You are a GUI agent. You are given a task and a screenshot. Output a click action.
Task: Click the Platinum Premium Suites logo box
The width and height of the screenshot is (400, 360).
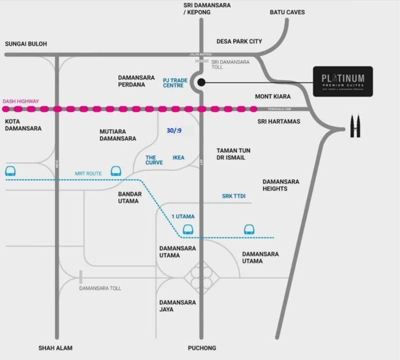[343, 81]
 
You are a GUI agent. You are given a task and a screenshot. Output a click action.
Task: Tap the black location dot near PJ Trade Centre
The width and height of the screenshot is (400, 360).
[202, 82]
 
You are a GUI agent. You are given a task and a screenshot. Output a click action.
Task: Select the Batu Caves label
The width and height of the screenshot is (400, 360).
[287, 12]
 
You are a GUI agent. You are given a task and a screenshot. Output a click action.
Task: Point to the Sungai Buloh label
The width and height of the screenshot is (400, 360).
[26, 44]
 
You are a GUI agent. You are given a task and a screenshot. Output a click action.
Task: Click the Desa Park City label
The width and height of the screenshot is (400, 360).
[239, 41]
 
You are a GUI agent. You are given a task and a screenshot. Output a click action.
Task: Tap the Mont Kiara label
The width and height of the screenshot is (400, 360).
[272, 96]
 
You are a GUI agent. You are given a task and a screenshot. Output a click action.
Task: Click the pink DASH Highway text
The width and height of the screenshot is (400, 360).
[20, 101]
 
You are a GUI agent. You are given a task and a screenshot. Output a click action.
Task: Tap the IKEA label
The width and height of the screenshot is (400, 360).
[178, 157]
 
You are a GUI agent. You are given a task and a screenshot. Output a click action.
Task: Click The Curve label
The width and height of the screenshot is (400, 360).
[154, 159]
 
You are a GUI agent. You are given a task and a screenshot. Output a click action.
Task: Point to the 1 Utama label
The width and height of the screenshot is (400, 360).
[183, 215]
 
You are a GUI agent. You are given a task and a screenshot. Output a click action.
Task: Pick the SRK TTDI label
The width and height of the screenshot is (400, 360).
[233, 196]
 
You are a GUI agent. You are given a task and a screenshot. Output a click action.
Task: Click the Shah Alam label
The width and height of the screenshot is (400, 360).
[55, 348]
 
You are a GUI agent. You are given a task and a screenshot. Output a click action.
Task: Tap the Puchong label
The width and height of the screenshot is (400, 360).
[202, 348]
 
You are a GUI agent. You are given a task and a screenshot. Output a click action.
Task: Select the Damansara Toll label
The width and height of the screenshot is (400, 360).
[100, 288]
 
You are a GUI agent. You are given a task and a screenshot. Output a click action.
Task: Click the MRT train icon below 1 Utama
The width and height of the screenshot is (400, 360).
[187, 229]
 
